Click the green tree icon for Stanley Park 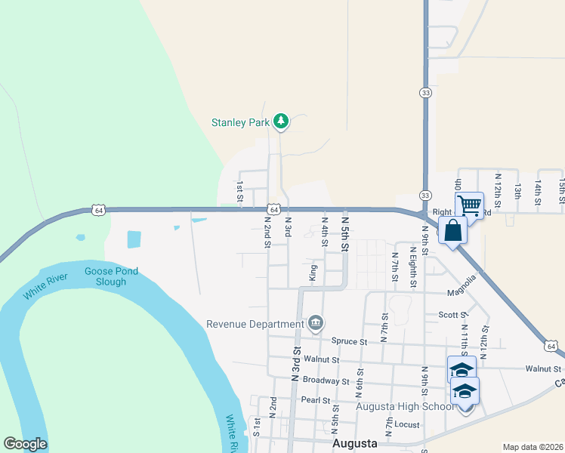tap(281, 121)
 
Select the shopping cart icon tap(469, 205)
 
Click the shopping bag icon tap(453, 230)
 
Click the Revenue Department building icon tap(316, 324)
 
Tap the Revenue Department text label tap(255, 324)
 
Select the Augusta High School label tap(405, 407)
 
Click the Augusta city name tap(355, 444)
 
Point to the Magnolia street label tap(462, 286)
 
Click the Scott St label tap(453, 315)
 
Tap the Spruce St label tap(349, 341)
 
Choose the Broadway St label tap(325, 381)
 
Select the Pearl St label tap(316, 399)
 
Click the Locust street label tap(406, 425)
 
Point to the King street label tap(313, 273)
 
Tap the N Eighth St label tap(413, 266)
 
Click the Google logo tap(25, 444)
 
